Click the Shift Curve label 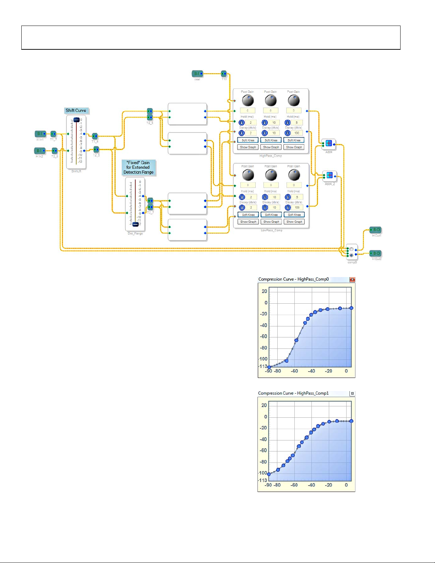click(x=76, y=110)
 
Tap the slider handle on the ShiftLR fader click(x=76, y=120)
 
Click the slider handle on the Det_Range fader click(x=135, y=224)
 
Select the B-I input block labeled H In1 click(x=40, y=134)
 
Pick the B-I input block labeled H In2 click(x=40, y=151)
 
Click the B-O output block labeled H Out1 click(x=375, y=230)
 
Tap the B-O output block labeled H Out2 click(x=375, y=253)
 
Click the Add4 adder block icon click(x=329, y=143)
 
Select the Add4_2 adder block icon click(x=330, y=175)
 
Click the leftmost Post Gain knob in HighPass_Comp click(x=248, y=101)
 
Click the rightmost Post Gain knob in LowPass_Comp click(x=294, y=175)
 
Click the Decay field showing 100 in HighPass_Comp click(x=297, y=133)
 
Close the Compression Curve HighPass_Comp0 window click(x=352, y=280)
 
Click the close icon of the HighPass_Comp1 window click(x=352, y=394)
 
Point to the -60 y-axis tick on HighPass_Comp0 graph click(x=263, y=336)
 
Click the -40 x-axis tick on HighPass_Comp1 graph click(x=311, y=485)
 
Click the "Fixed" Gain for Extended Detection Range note click(x=138, y=167)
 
